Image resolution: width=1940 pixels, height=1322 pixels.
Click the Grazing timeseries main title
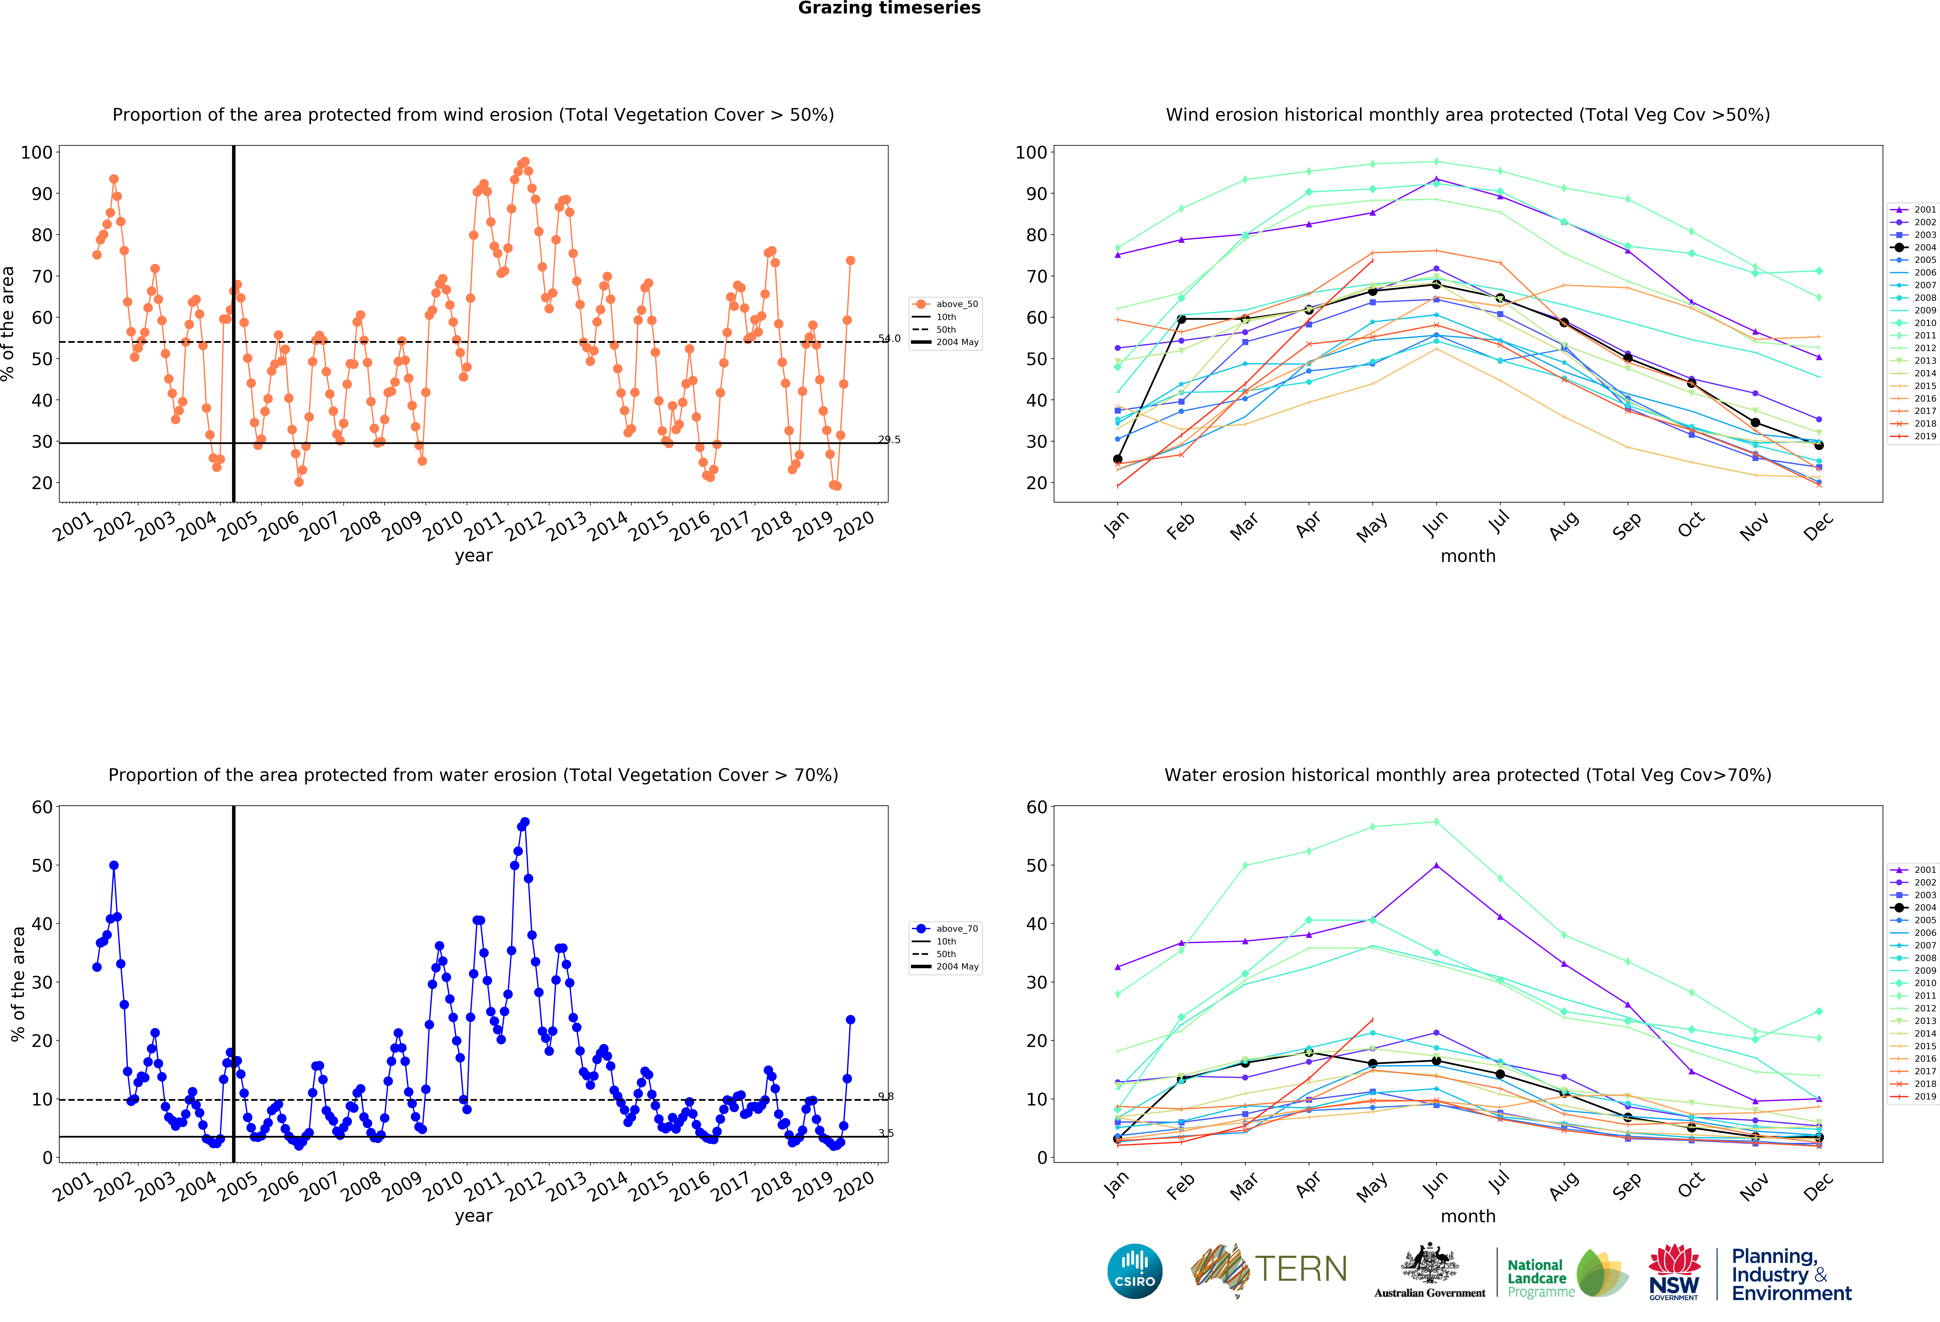click(889, 8)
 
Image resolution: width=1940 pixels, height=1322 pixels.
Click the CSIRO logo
click(1134, 1271)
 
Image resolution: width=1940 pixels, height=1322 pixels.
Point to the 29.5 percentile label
click(889, 440)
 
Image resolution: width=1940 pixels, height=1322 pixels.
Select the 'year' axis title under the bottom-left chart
click(473, 1216)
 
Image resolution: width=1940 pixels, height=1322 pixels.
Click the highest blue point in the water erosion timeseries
click(524, 822)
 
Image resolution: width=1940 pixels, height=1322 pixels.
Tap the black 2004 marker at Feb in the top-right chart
click(1181, 319)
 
